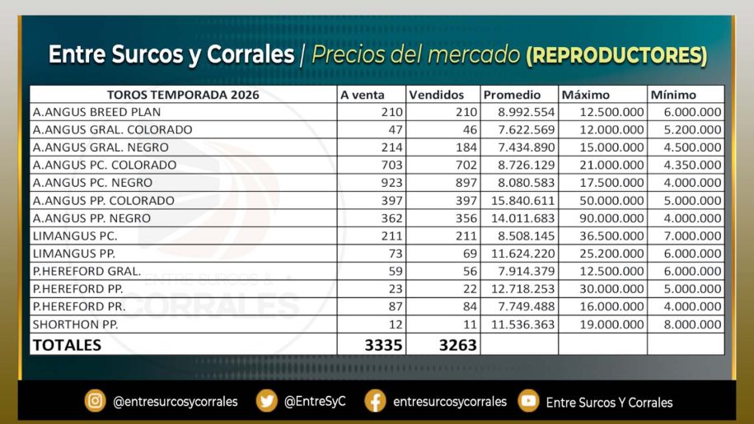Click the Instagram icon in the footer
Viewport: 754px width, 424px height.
pos(96,401)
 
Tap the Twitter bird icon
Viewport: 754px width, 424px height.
pos(267,401)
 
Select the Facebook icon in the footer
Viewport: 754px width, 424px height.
pos(376,401)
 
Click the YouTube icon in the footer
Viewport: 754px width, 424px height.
pos(528,401)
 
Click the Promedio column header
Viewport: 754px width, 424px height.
pos(512,95)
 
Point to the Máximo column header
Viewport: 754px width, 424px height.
pos(586,95)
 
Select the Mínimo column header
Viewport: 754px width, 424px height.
pos(673,95)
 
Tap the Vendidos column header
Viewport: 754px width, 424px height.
pos(437,95)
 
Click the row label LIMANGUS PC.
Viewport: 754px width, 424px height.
pos(75,235)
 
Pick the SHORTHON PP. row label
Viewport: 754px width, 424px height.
pos(76,324)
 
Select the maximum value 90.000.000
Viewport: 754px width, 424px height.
pos(611,218)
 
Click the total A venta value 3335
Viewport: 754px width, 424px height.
pos(383,345)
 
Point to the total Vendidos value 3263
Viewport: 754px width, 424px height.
pos(458,345)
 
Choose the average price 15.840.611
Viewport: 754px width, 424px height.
pos(522,201)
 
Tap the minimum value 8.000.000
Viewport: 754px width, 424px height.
pos(692,324)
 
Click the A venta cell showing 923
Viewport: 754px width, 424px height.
pos(392,183)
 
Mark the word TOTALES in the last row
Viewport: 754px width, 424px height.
pos(67,345)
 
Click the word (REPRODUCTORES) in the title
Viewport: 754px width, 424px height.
pos(616,55)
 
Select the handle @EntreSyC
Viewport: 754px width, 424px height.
pos(315,402)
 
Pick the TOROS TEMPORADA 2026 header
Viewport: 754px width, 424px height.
pos(183,95)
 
